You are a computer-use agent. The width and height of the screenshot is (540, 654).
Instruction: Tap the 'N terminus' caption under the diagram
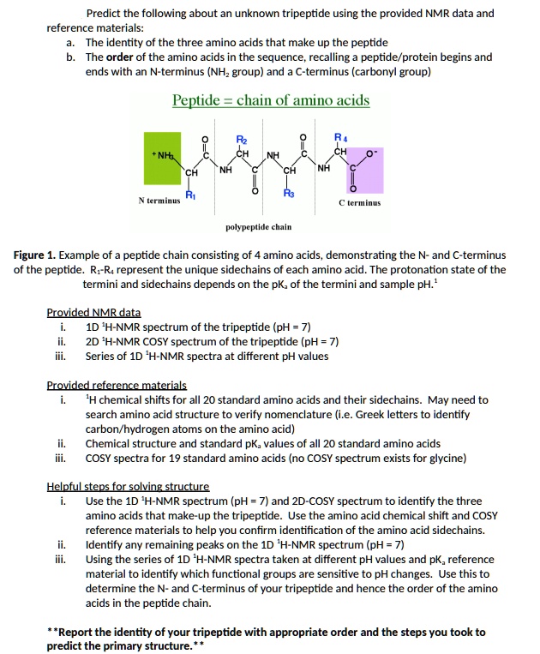tap(159, 201)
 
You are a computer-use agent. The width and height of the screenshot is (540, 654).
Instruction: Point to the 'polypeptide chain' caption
tap(258, 227)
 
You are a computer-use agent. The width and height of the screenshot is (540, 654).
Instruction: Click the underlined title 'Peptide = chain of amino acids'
tap(271, 101)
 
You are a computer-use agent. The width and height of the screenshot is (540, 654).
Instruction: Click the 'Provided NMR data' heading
tap(93, 313)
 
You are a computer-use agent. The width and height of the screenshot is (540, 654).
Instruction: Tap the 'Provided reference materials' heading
tap(117, 386)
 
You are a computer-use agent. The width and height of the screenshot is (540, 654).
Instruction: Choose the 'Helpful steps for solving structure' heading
tap(128, 486)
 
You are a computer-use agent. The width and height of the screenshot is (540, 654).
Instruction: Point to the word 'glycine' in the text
tap(446, 458)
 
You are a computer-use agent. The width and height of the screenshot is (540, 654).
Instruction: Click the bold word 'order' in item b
tap(122, 57)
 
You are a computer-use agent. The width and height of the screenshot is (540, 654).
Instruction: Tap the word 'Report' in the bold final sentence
tap(77, 633)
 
